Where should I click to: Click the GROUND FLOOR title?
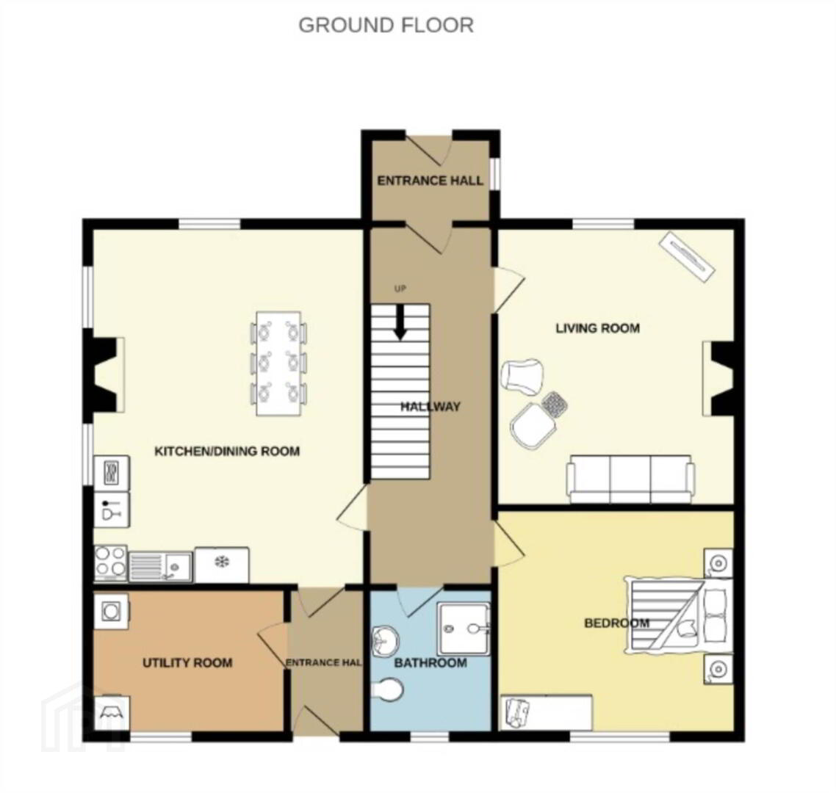(x=386, y=25)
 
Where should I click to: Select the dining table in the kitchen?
(x=278, y=363)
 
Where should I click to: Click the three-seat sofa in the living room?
(x=631, y=479)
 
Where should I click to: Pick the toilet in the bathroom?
(x=387, y=689)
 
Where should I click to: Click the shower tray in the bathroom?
(x=463, y=629)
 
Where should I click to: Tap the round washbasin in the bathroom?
(x=385, y=640)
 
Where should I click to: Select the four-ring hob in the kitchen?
(x=111, y=563)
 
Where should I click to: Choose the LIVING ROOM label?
(x=598, y=327)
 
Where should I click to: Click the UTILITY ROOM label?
(x=187, y=663)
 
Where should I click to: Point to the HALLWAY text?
(x=430, y=407)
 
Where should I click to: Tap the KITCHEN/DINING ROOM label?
(x=227, y=452)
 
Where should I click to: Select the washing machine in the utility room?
(x=111, y=611)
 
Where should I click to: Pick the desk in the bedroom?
(x=547, y=713)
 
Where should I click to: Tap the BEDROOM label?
(x=616, y=623)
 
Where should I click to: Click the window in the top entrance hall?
(x=495, y=173)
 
